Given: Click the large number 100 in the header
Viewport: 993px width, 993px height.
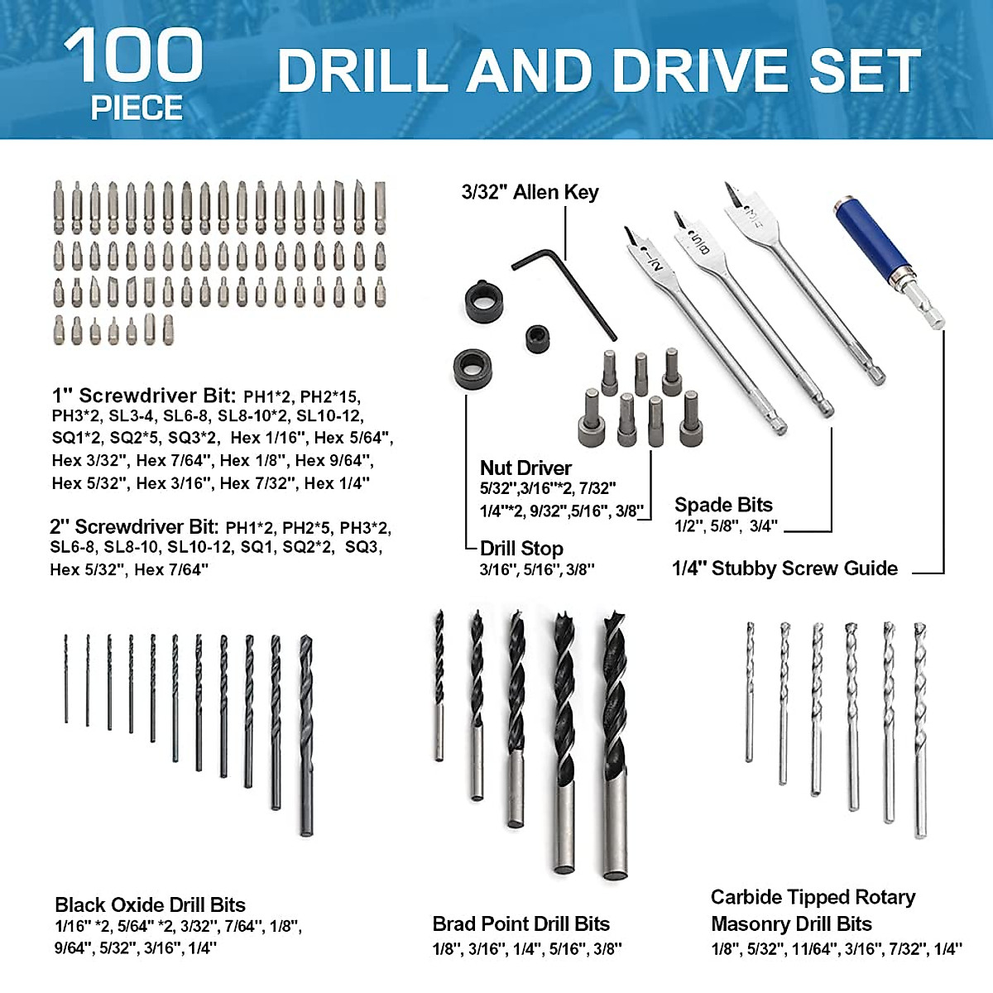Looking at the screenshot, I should [133, 55].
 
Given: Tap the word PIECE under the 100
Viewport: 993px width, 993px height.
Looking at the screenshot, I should [137, 108].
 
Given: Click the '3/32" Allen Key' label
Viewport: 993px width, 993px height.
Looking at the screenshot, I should [530, 193].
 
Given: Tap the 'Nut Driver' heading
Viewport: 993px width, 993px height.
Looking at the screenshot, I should [525, 468].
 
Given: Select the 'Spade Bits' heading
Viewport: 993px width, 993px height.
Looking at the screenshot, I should [723, 505].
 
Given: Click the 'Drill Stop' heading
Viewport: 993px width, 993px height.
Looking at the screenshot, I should [521, 549].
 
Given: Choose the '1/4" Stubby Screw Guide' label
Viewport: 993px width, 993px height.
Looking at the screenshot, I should [784, 568].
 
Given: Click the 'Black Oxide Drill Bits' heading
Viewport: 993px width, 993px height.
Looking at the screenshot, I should [150, 904].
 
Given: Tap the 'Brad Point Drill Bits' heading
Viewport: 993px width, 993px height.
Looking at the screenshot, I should [520, 923].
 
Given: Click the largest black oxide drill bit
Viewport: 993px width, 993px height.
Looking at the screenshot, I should [306, 736].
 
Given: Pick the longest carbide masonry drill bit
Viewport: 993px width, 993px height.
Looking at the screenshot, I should [920, 728].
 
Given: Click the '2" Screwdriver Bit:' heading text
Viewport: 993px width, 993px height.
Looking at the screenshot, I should [134, 527].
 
